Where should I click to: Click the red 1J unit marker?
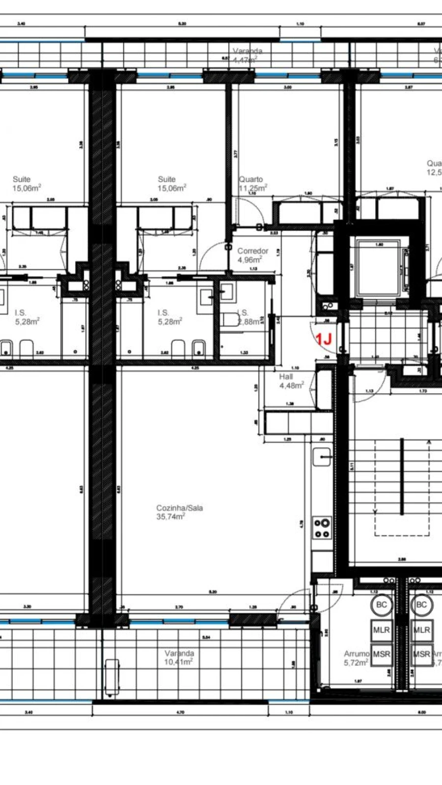(324, 339)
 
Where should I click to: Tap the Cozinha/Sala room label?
(179, 512)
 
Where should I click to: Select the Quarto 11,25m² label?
(252, 183)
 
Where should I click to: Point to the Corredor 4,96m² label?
(252, 255)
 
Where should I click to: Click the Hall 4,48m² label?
(291, 381)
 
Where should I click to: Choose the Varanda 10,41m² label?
(179, 657)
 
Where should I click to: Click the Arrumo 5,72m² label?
(356, 658)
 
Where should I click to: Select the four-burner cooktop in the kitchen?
(322, 528)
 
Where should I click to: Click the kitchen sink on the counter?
(322, 457)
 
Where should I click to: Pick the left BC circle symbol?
(381, 605)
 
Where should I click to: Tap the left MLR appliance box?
(381, 630)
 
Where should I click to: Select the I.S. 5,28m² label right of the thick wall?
(169, 317)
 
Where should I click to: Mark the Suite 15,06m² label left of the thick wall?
(27, 183)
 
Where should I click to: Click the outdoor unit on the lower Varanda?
(112, 677)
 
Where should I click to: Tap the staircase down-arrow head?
(376, 511)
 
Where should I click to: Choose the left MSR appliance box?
(381, 654)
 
